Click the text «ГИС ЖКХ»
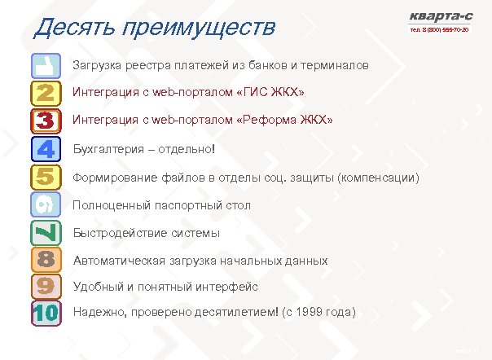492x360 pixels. (x=269, y=93)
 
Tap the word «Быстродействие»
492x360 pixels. (x=118, y=234)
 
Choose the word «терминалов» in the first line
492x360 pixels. (x=339, y=64)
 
